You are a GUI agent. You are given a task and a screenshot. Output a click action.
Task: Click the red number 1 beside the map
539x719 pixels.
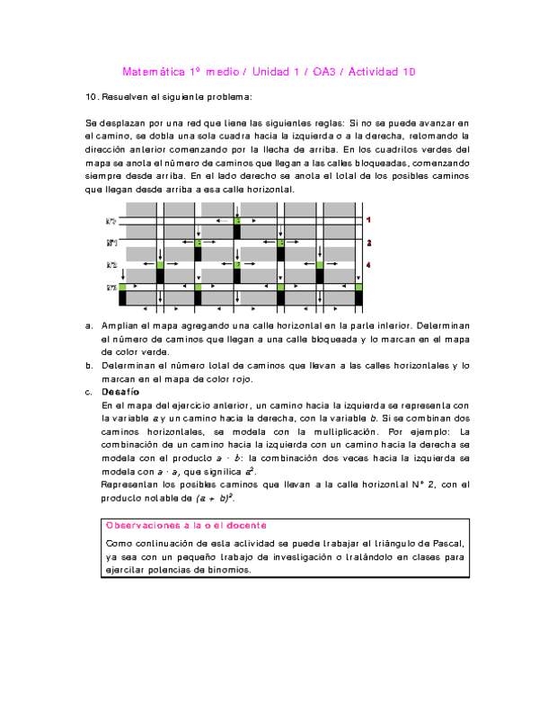pyautogui.click(x=368, y=219)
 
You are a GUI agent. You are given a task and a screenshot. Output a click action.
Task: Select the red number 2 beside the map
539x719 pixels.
pyautogui.click(x=368, y=243)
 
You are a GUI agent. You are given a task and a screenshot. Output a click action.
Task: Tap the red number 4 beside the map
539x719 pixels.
pyautogui.click(x=368, y=265)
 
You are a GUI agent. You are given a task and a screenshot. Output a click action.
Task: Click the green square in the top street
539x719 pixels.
pyautogui.click(x=237, y=220)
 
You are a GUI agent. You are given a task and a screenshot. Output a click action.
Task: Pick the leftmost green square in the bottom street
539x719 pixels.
pyautogui.click(x=122, y=288)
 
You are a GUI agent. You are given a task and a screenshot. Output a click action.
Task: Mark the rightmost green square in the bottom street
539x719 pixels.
pyautogui.click(x=358, y=288)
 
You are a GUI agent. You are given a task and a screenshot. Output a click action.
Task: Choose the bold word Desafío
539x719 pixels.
pyautogui.click(x=120, y=393)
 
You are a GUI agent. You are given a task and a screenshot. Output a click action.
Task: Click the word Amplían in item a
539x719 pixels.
pyautogui.click(x=120, y=324)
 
